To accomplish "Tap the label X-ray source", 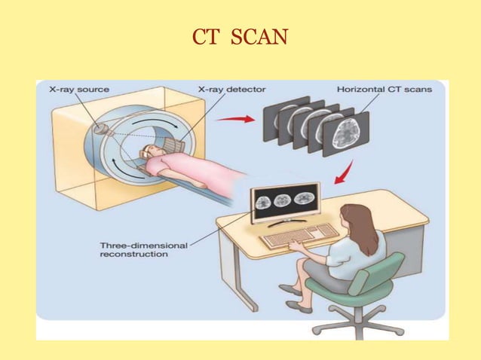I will pyautogui.click(x=78, y=90).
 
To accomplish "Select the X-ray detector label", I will pyautogui.click(x=231, y=90).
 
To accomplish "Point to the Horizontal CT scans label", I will pyautogui.click(x=384, y=90).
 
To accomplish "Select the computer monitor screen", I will pyautogui.click(x=284, y=202).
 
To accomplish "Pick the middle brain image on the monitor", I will pyautogui.click(x=283, y=201).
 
